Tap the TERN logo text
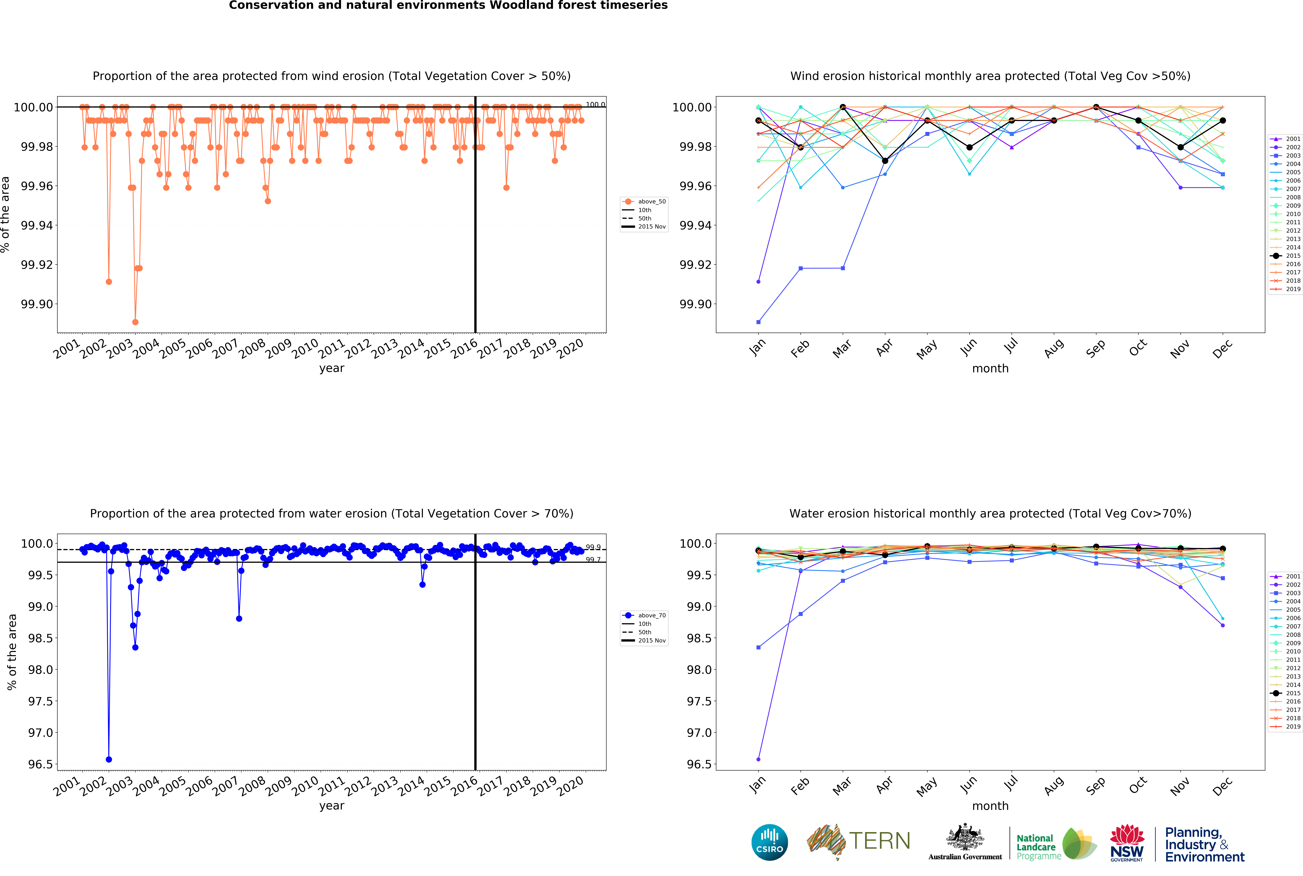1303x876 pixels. (879, 841)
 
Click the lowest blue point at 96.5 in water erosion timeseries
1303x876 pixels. (109, 759)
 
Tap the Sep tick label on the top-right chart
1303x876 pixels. (1095, 349)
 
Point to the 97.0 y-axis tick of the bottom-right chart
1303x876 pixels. (699, 732)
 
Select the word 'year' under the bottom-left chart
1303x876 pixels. (332, 806)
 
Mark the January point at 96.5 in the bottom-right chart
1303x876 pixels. (758, 759)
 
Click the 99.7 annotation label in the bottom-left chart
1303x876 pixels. (593, 560)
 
